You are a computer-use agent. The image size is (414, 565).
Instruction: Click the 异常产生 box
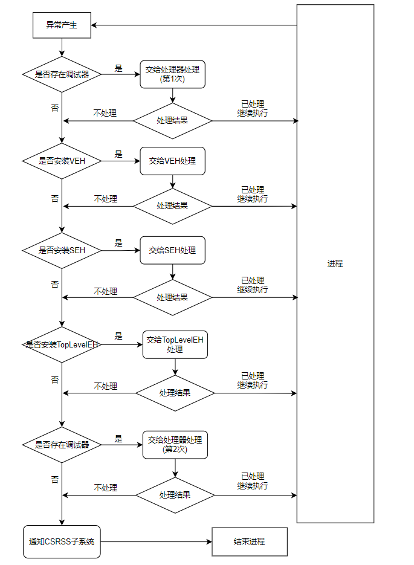[62, 25]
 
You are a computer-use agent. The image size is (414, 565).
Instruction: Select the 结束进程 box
[249, 541]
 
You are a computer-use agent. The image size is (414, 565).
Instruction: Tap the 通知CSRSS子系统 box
[62, 541]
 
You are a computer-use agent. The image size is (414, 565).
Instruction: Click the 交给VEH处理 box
[172, 161]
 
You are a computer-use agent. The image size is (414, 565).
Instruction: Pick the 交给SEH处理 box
[172, 250]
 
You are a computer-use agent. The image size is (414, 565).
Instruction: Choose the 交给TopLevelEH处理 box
[175, 344]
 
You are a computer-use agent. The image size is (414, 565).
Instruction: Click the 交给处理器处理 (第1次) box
[172, 74]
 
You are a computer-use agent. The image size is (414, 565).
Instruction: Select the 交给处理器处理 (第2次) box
[175, 444]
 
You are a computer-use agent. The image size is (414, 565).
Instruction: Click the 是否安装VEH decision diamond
[62, 161]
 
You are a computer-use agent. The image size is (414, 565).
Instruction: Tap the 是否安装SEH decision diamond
[62, 250]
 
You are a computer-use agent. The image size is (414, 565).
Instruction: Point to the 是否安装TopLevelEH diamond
[62, 344]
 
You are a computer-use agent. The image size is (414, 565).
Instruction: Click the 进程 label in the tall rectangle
[335, 263]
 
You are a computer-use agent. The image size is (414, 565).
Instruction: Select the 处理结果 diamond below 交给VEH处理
[172, 205]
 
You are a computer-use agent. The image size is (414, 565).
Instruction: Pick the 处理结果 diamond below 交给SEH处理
[172, 297]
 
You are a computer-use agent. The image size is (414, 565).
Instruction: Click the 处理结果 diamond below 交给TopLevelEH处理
[175, 393]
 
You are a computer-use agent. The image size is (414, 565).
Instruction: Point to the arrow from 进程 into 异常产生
[193, 25]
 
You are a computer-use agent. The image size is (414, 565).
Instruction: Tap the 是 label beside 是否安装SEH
[118, 243]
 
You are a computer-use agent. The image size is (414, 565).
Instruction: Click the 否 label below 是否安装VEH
[55, 198]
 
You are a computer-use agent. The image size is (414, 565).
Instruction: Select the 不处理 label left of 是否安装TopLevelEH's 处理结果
[106, 386]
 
